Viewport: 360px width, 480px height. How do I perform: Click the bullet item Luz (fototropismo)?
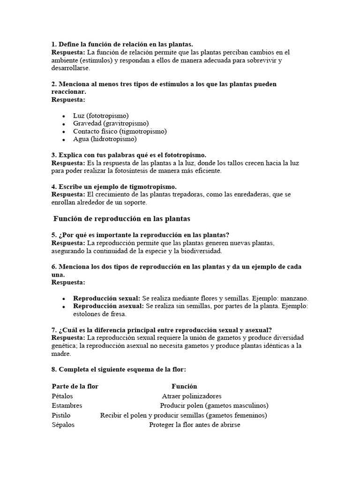(x=101, y=116)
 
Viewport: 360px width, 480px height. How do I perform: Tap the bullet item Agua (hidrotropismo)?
(x=105, y=139)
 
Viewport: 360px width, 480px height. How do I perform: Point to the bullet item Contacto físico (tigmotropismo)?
(x=120, y=131)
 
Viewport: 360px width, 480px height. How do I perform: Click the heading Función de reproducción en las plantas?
(x=121, y=219)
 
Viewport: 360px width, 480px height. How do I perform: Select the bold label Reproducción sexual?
(x=106, y=299)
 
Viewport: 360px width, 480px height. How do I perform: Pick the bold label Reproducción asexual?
(x=108, y=306)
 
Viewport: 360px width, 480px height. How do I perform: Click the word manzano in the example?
(x=293, y=299)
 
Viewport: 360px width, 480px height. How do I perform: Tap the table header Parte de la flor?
(x=75, y=386)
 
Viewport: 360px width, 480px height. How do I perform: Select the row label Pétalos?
(x=62, y=396)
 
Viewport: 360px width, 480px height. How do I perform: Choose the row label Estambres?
(x=67, y=405)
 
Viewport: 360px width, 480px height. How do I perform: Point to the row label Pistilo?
(x=61, y=415)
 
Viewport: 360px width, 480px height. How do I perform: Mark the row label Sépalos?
(x=63, y=425)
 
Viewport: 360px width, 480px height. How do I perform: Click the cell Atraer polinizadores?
(x=192, y=396)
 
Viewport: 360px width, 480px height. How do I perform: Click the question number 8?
(x=54, y=369)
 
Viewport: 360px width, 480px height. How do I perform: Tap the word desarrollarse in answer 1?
(x=70, y=68)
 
